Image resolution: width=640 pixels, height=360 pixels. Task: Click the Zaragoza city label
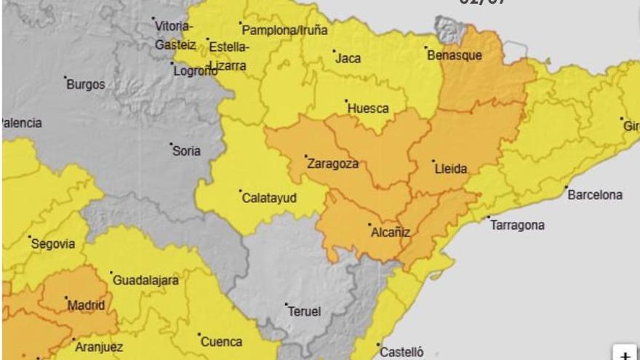click(333, 164)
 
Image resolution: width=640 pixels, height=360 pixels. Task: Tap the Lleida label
click(450, 169)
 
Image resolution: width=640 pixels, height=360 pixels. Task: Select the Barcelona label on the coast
click(595, 195)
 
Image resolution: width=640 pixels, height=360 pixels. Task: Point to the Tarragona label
click(517, 225)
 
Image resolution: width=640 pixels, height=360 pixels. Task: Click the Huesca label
click(368, 108)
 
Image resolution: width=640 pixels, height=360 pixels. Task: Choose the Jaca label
click(348, 58)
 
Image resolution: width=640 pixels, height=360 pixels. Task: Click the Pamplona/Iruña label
click(284, 31)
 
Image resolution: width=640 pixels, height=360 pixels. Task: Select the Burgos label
click(85, 84)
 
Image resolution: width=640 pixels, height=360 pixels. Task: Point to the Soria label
click(186, 151)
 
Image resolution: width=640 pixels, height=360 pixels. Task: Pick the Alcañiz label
click(391, 233)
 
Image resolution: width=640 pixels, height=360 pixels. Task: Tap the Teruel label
click(304, 311)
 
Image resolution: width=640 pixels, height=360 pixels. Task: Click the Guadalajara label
click(145, 280)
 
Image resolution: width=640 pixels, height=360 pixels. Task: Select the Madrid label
click(86, 305)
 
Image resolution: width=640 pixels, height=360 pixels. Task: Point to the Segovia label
click(52, 244)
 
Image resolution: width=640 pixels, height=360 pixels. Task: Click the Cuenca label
click(221, 342)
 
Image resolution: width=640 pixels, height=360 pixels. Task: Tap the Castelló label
click(402, 352)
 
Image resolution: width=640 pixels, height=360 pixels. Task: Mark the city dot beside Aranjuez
click(73, 339)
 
